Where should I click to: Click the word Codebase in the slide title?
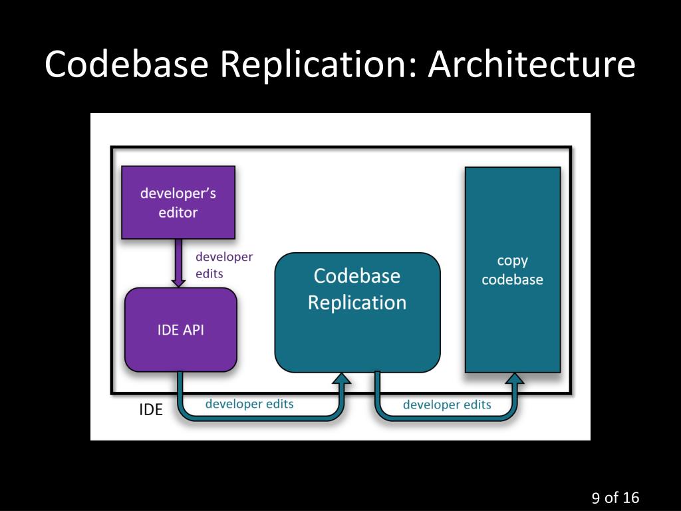tap(126, 65)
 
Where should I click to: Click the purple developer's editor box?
tap(178, 202)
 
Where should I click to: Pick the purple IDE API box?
tap(181, 330)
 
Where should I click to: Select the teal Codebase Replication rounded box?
tap(357, 313)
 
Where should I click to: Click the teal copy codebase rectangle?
tap(513, 270)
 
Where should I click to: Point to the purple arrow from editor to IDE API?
tap(178, 263)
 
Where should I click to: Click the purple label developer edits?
tap(224, 265)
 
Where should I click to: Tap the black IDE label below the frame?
tap(151, 410)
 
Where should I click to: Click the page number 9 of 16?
tap(615, 498)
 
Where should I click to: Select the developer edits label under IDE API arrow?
tap(249, 404)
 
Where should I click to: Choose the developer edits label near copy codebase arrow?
tap(447, 405)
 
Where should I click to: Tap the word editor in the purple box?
tap(178, 212)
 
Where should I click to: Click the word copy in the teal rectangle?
tap(513, 261)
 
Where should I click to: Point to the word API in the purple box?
tap(194, 330)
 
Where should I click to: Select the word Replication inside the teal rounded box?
tap(357, 303)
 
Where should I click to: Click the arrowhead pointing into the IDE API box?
tap(178, 283)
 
